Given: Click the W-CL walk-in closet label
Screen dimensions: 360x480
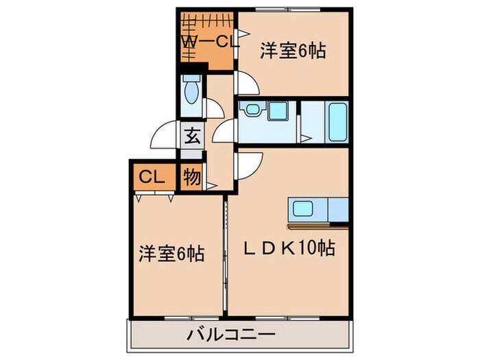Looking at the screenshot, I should (209, 42).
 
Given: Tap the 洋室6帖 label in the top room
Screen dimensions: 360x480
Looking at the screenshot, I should (293, 50).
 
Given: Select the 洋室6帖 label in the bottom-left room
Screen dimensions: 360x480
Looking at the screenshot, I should (171, 254).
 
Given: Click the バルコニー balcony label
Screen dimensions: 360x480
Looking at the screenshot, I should (231, 335).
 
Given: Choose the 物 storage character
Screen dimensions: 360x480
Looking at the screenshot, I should (192, 178).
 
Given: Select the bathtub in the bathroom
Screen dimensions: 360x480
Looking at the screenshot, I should (339, 122).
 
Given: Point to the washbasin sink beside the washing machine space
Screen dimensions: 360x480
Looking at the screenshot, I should (252, 110).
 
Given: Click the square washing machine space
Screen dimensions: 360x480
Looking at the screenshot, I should (278, 110).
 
